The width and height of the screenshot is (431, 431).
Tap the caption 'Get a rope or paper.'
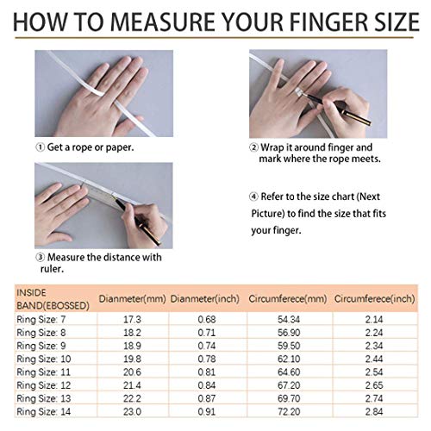[x=91, y=147]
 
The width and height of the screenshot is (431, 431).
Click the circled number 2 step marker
[x=253, y=147]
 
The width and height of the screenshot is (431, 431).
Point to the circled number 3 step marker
[x=40, y=256]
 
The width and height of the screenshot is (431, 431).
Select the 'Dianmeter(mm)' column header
[x=132, y=299]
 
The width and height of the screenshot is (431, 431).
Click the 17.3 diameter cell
[x=132, y=320]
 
